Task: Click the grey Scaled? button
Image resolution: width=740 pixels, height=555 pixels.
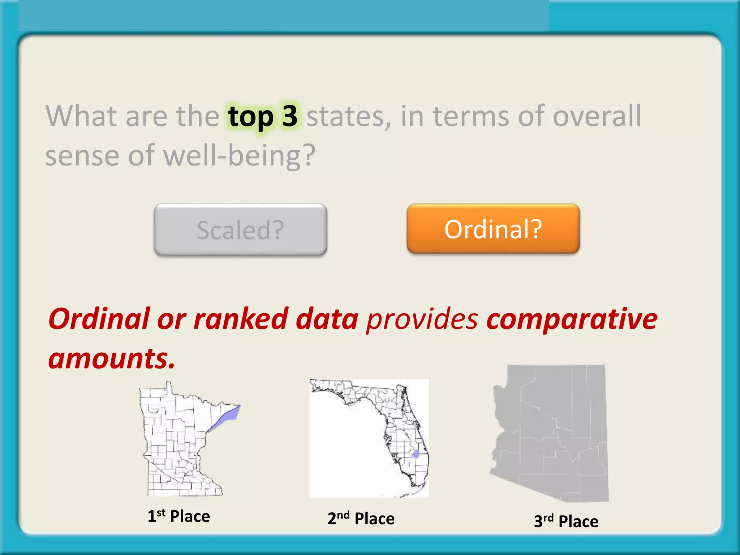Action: [240, 230]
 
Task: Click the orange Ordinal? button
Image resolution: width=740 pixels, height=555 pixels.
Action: [493, 229]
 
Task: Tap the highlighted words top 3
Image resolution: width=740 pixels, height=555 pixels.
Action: [263, 116]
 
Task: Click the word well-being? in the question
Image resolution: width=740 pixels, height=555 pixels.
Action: [239, 156]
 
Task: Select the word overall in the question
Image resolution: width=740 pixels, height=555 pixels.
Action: [597, 116]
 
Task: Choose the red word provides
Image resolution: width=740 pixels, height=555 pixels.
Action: [422, 319]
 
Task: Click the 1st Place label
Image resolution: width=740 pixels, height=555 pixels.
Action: [179, 516]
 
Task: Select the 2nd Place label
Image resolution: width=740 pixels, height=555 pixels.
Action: [361, 518]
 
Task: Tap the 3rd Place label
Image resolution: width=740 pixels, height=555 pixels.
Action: [566, 521]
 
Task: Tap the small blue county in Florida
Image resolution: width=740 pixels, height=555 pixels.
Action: [415, 454]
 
